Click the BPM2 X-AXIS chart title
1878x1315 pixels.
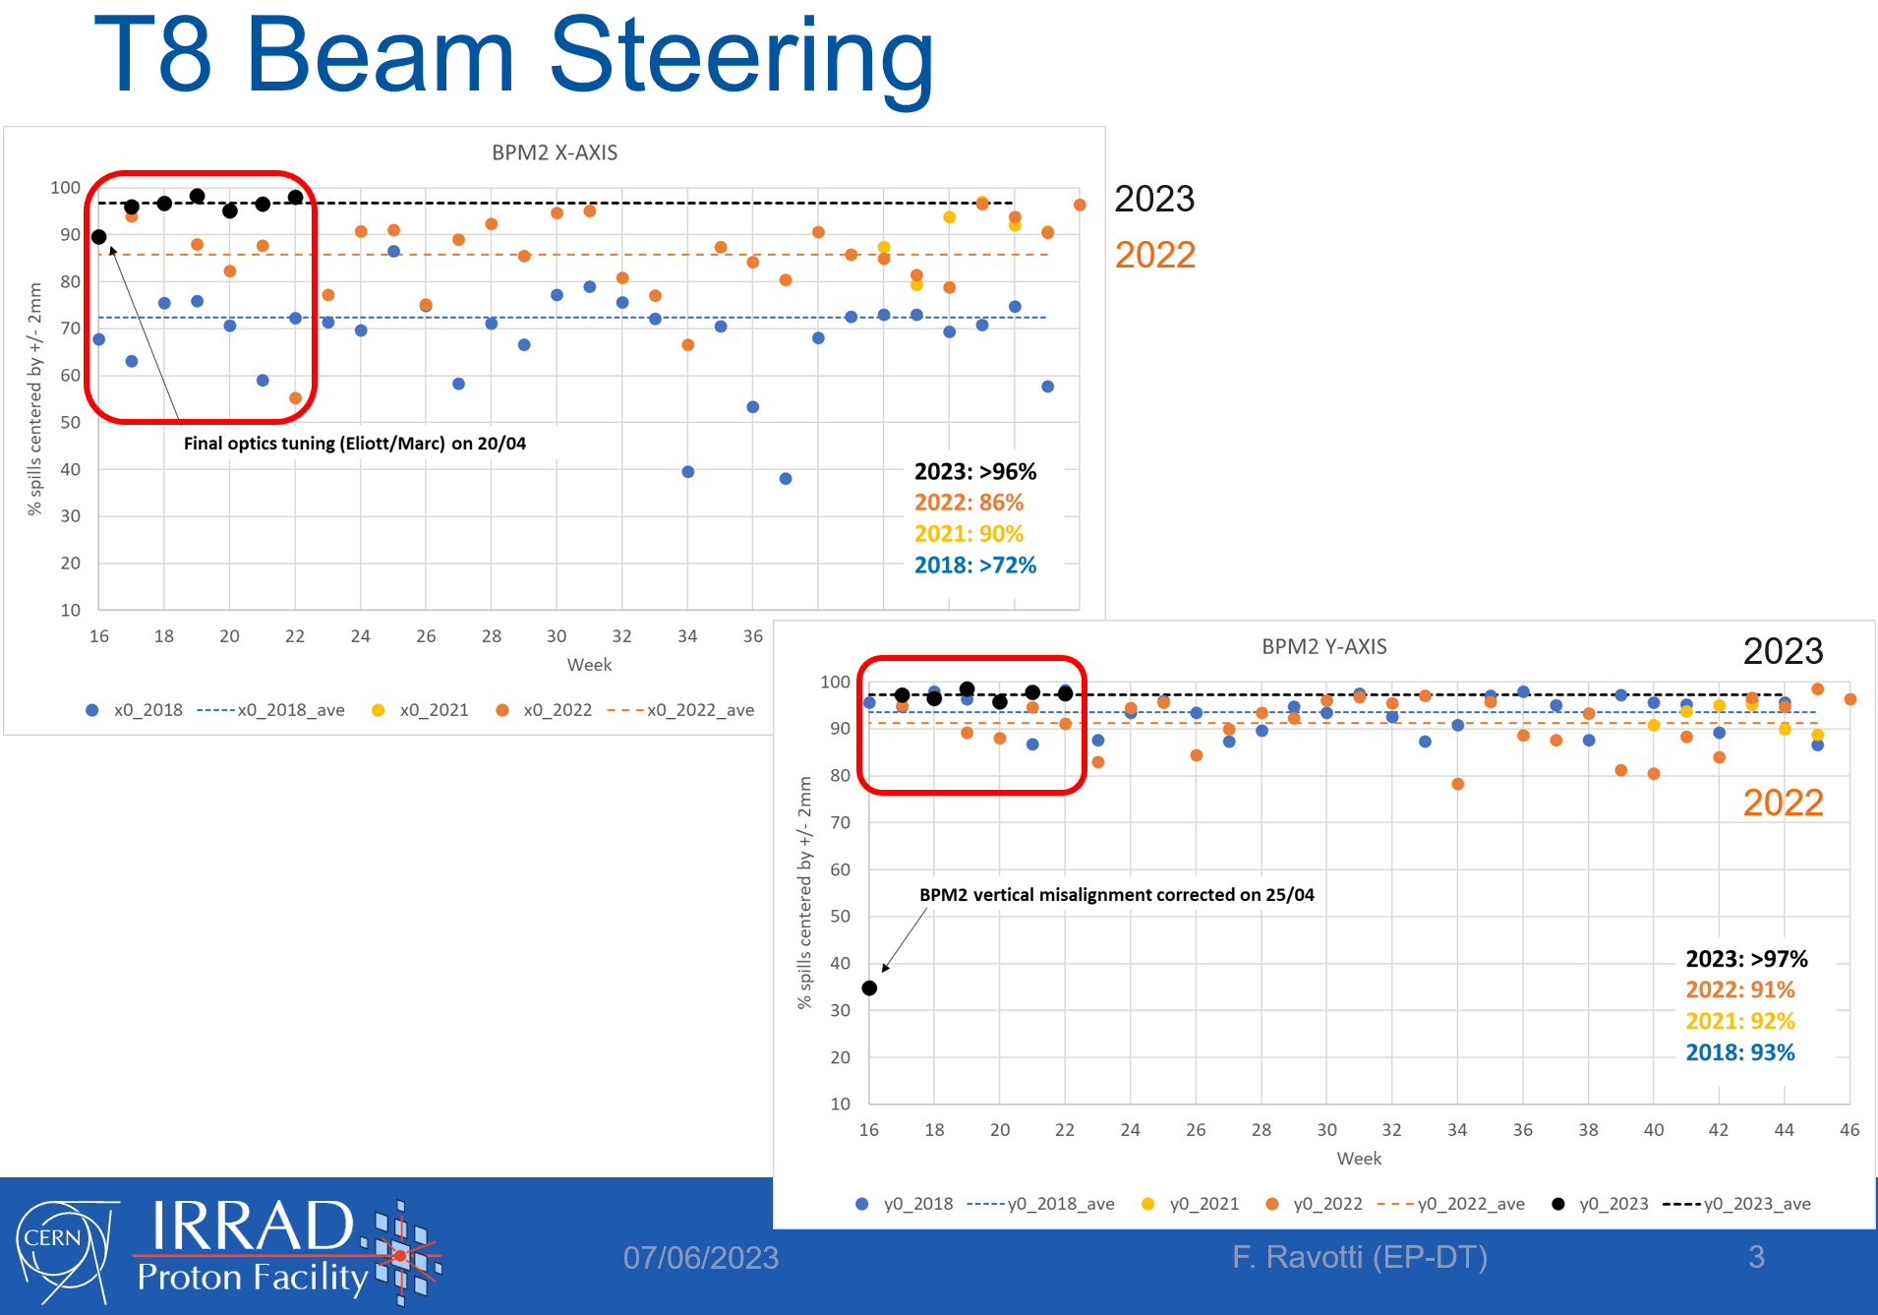click(x=555, y=152)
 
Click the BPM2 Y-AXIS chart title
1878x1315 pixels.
click(x=1323, y=646)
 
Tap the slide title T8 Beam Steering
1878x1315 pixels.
click(x=513, y=56)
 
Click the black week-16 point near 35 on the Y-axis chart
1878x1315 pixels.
click(x=869, y=987)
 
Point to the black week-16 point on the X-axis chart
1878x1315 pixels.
click(x=98, y=237)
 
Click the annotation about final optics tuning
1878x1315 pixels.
click(x=355, y=444)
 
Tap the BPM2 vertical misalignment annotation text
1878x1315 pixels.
click(x=1117, y=895)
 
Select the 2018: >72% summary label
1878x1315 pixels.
click(x=975, y=566)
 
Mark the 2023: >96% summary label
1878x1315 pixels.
click(x=975, y=471)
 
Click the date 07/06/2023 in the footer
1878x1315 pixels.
click(x=701, y=1257)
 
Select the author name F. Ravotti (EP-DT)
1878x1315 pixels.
click(x=1360, y=1257)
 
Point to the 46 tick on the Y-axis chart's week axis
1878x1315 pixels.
click(x=1849, y=1130)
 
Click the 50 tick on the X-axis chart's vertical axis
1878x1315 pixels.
click(x=71, y=422)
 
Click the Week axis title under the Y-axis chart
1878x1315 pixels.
click(x=1359, y=1159)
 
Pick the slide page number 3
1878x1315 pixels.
click(x=1757, y=1257)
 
